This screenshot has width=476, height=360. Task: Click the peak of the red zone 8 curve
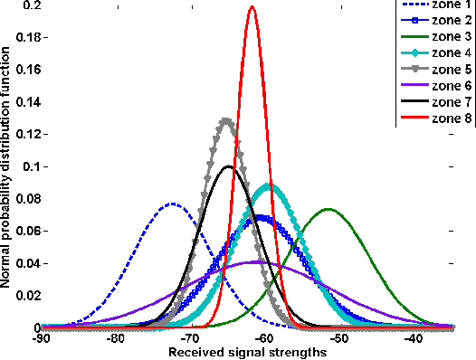point(252,7)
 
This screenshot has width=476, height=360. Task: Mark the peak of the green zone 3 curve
point(328,210)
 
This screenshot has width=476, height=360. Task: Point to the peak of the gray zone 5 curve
point(226,119)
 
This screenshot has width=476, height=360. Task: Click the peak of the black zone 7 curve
point(228,166)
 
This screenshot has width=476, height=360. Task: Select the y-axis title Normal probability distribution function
point(7,168)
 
